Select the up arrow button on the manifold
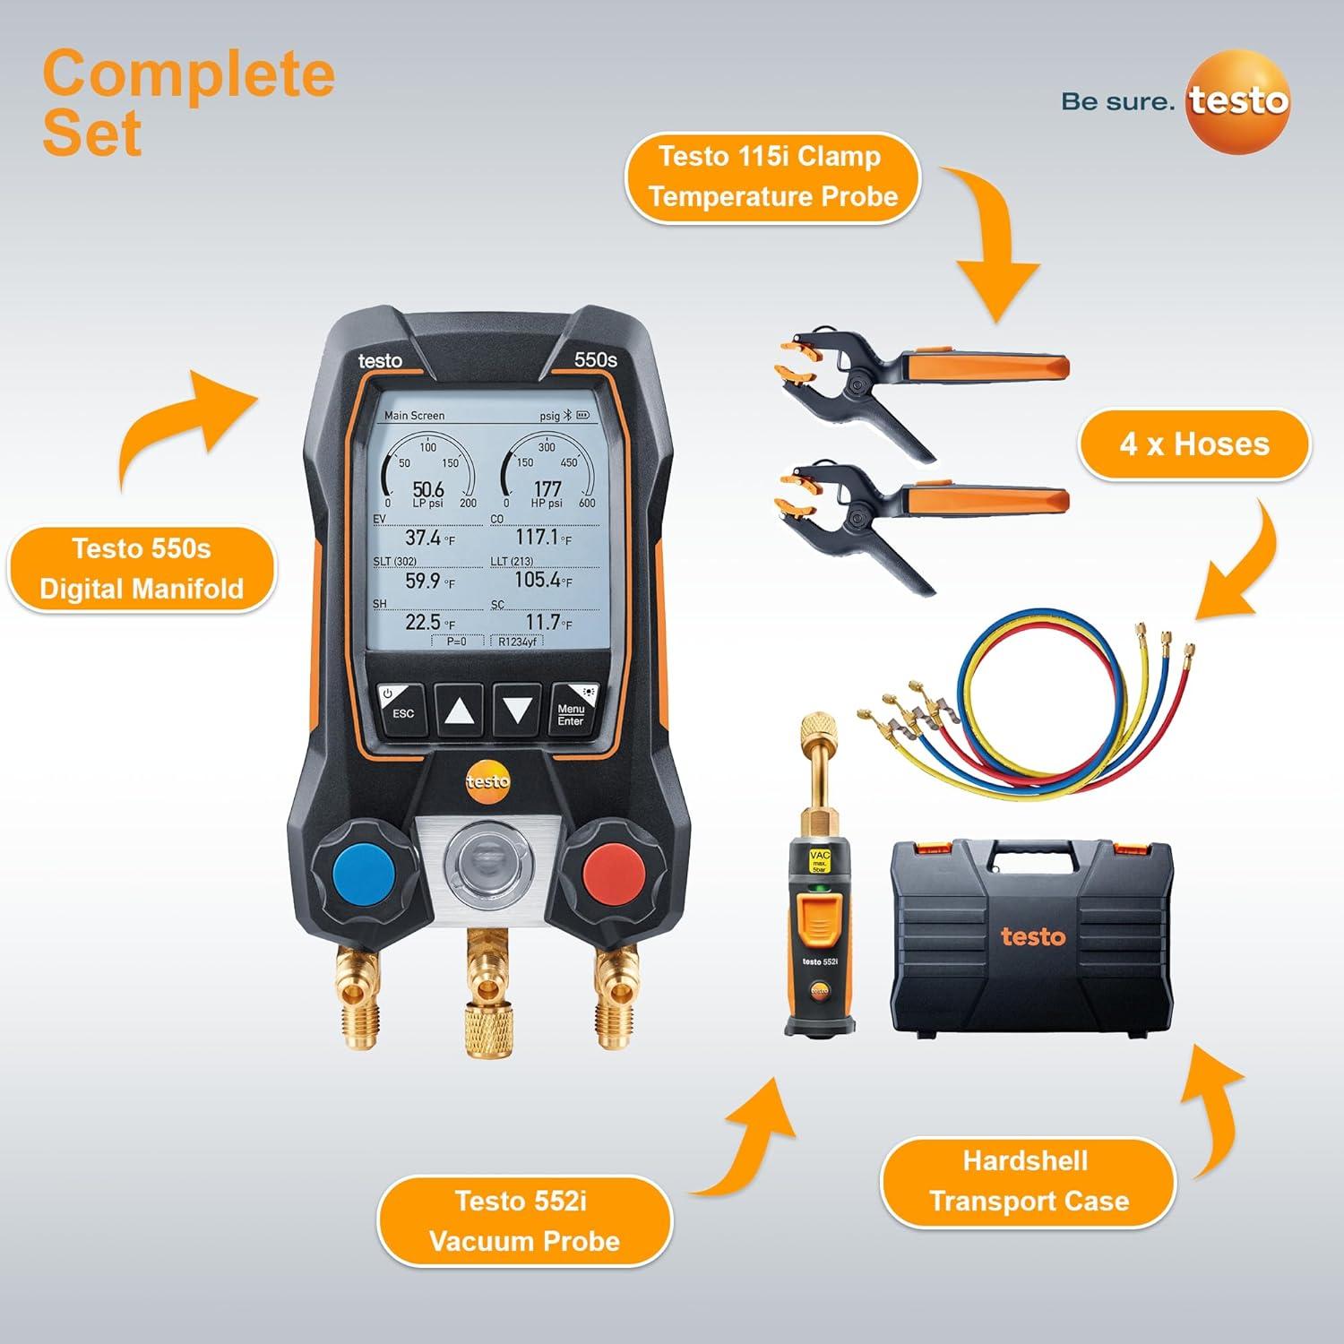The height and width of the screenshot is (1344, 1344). (x=459, y=711)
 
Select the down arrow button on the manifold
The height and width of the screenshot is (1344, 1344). (x=517, y=711)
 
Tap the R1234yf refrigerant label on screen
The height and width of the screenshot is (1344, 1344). (x=517, y=642)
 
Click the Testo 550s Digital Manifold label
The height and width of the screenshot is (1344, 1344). (x=142, y=569)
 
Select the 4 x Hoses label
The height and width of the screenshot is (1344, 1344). (x=1193, y=444)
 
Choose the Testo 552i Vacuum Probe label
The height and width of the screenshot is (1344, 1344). (x=523, y=1220)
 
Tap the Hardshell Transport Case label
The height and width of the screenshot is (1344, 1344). (x=1028, y=1181)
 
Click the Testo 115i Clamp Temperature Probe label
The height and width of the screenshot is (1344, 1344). (x=772, y=177)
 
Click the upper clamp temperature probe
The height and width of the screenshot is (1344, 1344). (x=914, y=377)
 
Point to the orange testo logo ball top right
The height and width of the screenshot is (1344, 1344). (x=1237, y=101)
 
